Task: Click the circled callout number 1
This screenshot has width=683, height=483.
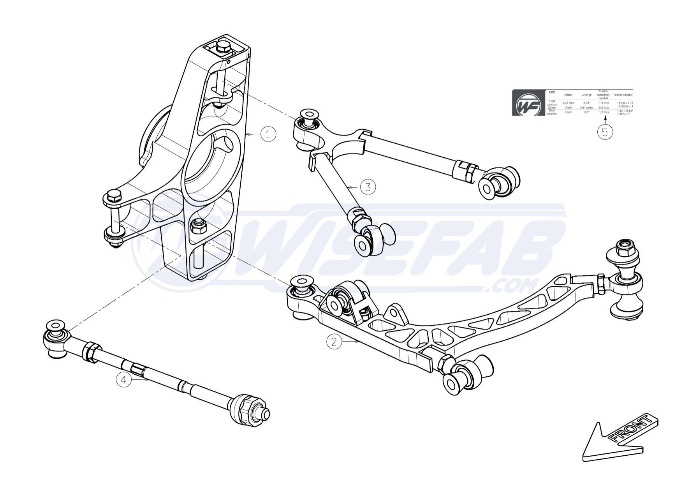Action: pyautogui.click(x=268, y=134)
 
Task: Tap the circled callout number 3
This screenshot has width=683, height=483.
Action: pyautogui.click(x=368, y=187)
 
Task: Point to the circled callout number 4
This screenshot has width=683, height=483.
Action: pyautogui.click(x=124, y=379)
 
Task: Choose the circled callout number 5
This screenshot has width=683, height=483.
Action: pyautogui.click(x=605, y=132)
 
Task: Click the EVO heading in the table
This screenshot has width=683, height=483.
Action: pyautogui.click(x=552, y=92)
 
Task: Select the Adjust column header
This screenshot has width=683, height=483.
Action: pyautogui.click(x=568, y=95)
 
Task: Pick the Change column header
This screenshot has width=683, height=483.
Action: pyautogui.click(x=586, y=95)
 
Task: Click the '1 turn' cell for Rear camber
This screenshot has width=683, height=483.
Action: pyautogui.click(x=568, y=112)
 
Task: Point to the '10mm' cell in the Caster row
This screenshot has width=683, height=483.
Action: pyautogui.click(x=568, y=108)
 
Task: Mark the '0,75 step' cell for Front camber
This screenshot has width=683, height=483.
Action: pyautogui.click(x=568, y=103)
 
